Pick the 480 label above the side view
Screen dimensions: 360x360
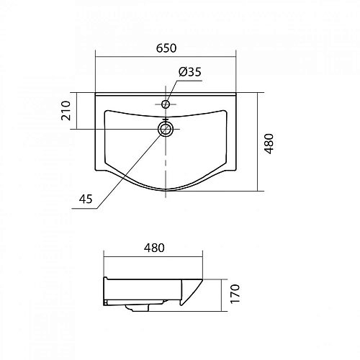[x=154, y=248]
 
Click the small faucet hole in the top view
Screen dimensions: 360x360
[x=166, y=104]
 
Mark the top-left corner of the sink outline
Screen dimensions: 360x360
[x=96, y=94]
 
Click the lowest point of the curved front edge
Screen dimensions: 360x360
[x=168, y=191]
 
